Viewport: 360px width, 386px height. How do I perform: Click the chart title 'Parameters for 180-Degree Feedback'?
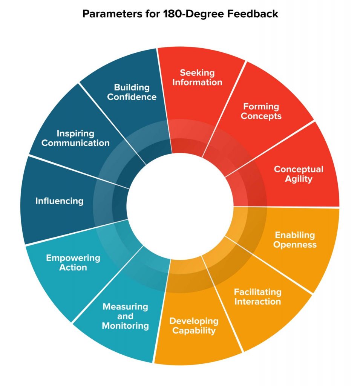point(180,14)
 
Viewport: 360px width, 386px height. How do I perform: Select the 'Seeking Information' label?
point(197,77)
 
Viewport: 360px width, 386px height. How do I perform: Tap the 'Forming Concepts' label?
point(261,111)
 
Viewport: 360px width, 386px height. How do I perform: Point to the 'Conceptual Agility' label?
point(299,174)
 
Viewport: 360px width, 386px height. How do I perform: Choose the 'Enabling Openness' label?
point(295,240)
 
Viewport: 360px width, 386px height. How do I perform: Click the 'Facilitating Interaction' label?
point(257,297)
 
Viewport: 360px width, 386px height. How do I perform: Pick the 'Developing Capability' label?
point(194,326)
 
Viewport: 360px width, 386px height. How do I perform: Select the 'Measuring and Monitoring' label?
point(126,316)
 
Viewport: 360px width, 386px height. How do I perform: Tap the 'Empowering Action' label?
point(73,263)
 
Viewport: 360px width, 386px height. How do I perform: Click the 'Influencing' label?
point(60,201)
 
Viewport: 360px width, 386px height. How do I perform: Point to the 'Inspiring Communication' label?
point(75,138)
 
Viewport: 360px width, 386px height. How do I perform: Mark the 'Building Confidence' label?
point(132,92)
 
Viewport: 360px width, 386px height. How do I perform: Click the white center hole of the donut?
point(180,205)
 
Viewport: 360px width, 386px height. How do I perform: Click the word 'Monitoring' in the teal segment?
point(126,326)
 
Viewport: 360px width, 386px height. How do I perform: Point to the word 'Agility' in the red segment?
point(299,179)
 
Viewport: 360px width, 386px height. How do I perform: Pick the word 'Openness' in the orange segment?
point(295,245)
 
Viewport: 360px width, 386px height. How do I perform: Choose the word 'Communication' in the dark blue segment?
point(75,143)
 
